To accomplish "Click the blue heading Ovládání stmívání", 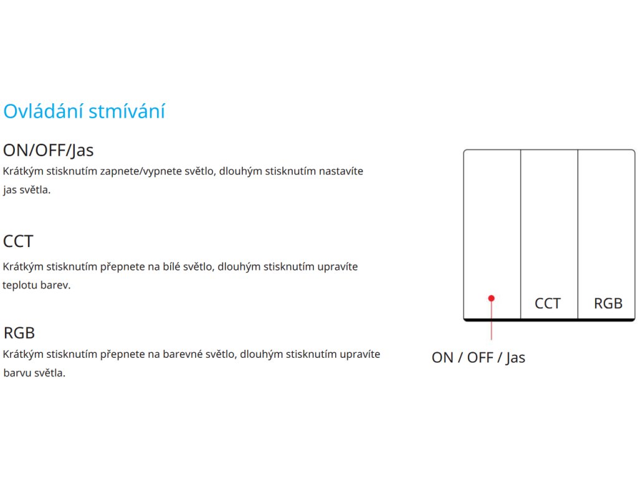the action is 84,111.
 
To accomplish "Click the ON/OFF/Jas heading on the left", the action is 49,151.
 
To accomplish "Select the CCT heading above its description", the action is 18,241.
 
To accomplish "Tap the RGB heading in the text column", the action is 19,333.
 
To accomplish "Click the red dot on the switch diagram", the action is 492,298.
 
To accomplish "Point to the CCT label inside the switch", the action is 548,304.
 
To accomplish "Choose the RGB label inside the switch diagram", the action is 608,304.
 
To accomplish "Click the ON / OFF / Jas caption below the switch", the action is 478,358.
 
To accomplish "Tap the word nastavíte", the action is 341,171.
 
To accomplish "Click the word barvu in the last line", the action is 17,373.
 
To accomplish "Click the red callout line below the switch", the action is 492,321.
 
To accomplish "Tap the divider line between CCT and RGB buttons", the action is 578,235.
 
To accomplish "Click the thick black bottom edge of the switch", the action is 550,320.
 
